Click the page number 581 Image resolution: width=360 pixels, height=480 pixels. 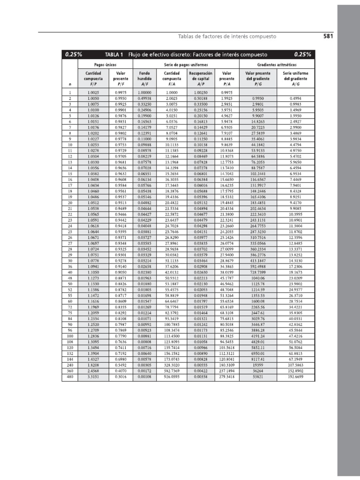[x=328, y=36]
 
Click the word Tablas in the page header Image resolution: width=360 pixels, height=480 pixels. [x=187, y=36]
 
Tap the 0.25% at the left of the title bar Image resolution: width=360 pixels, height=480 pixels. [x=74, y=54]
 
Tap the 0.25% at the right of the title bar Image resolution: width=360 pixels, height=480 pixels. [x=302, y=54]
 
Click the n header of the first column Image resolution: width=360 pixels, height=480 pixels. [x=69, y=84]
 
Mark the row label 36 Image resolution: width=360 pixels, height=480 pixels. [x=69, y=266]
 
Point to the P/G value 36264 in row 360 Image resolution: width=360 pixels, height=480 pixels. [x=257, y=371]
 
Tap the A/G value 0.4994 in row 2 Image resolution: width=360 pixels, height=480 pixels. [x=296, y=98]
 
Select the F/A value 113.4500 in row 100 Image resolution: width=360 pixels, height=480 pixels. [x=172, y=336]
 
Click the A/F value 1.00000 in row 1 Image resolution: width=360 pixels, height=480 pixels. [x=144, y=93]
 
